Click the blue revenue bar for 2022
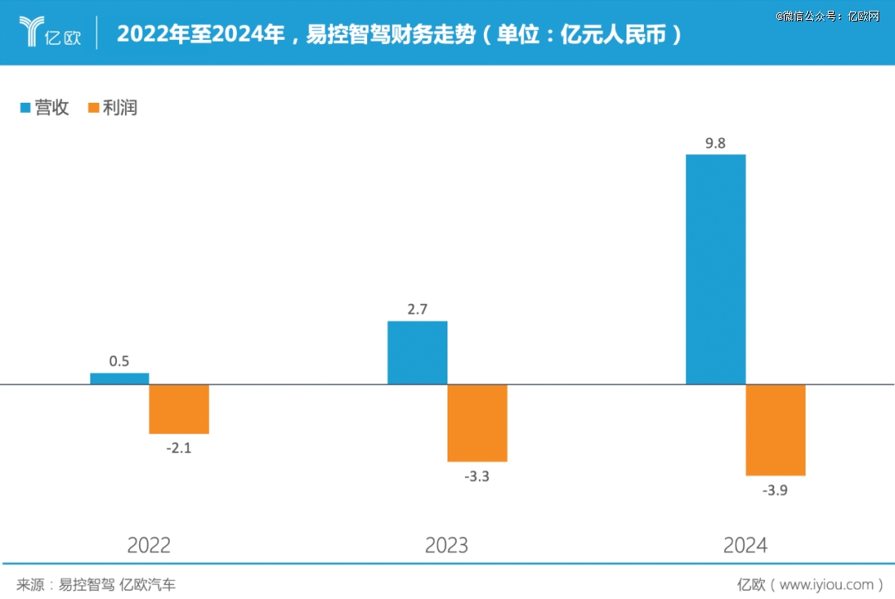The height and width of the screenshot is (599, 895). coord(119,379)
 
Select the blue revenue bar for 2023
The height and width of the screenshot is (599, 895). coord(418,353)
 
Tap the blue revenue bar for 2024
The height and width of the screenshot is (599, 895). coord(716,269)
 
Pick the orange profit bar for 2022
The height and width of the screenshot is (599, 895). coord(179,409)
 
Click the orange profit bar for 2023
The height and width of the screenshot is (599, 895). coord(477,423)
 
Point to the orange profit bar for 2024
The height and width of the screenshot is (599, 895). coord(776,430)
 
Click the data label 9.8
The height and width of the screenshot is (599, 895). coord(715,143)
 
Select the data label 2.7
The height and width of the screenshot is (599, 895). coord(417,310)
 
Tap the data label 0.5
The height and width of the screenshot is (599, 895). coord(119,361)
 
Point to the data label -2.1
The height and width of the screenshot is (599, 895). coord(178,448)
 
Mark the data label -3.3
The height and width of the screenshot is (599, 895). coord(477,476)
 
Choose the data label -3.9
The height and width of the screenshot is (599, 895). coord(775,490)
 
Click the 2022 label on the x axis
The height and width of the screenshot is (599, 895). coord(149,545)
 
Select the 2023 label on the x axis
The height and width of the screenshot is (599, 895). coord(447,545)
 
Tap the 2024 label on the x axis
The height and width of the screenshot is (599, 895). coord(745,545)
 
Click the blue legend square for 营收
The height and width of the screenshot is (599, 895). coord(25,108)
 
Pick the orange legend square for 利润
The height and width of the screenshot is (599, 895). coord(93,108)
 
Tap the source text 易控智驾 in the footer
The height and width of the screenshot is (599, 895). coord(86,584)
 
